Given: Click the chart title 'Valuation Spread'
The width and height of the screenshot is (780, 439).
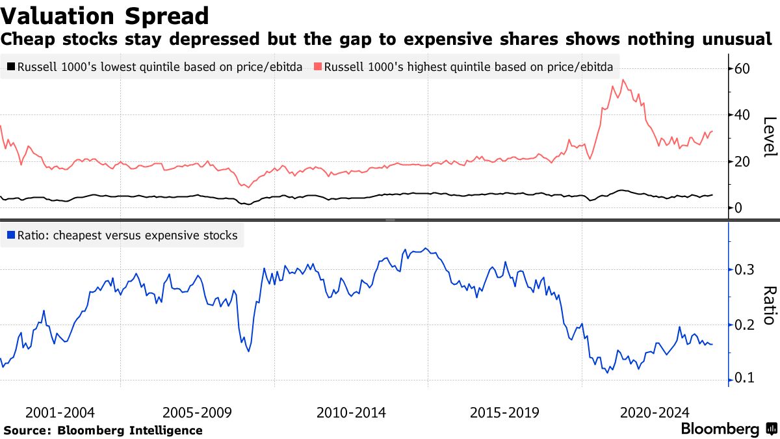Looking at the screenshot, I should pos(105,16).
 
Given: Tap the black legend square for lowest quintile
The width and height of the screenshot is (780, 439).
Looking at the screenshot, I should pos(10,67).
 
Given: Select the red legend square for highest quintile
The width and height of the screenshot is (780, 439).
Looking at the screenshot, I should pos(317,67).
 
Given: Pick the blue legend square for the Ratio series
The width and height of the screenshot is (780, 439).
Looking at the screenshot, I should pos(10,235).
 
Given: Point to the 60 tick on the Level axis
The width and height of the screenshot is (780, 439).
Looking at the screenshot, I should pos(742,69).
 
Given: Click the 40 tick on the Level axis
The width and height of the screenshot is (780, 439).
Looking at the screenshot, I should pos(742,115).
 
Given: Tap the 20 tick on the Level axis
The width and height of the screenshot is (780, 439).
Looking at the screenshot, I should pos(742,162).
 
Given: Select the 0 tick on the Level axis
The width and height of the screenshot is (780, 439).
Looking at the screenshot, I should pos(738,208).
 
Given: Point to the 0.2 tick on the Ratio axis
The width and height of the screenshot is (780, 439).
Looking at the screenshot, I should pos(744,325).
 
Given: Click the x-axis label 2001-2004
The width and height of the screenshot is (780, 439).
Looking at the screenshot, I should pos(60,412).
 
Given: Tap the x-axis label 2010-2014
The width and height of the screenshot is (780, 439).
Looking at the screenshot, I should pos(351,412).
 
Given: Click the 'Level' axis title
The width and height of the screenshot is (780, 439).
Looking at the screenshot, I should pos(770,137).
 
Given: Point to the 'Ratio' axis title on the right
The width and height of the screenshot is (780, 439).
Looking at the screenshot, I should pos(770,305).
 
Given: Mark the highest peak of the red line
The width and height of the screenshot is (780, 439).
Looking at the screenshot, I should pos(623,80).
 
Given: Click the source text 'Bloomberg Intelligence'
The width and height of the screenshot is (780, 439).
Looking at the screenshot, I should pos(130,431).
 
